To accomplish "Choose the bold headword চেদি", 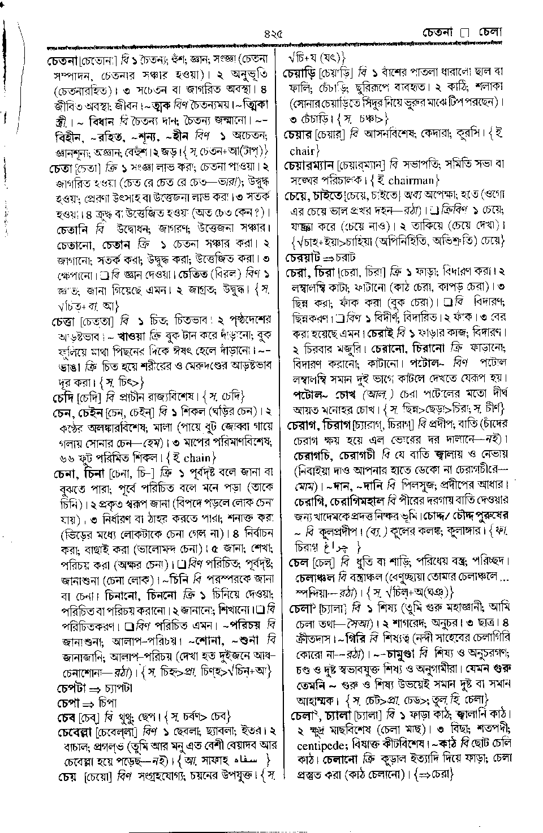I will coord(63,396).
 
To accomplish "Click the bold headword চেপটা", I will coord(69,688).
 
